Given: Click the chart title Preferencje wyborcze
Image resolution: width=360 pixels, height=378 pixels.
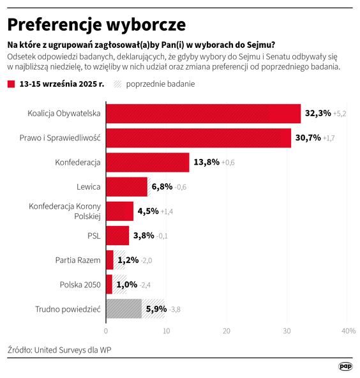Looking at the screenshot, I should tap(96, 24).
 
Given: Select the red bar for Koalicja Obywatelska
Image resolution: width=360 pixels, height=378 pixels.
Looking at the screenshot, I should tap(202, 113).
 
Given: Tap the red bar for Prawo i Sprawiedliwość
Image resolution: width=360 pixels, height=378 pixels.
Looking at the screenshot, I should tap(198, 138).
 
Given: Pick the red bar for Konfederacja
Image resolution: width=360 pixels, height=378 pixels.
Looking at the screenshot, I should tap(147, 162).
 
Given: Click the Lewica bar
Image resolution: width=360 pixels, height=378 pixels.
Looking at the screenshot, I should tap(126, 186).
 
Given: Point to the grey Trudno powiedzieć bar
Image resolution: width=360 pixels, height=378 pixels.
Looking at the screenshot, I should tap(123, 309).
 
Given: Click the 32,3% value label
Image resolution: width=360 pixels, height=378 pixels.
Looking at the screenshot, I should tap(317, 113).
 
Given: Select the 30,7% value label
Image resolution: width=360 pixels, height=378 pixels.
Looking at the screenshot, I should tap(308, 138).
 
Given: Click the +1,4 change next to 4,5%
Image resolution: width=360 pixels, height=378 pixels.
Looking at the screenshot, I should tap(167, 211).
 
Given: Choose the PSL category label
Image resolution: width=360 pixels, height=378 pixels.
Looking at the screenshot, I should tap(94, 236).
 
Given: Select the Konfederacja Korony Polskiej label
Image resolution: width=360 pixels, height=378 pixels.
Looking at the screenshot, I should tap(65, 211).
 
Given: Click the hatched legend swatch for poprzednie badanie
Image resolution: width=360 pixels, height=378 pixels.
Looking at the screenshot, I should tap(117, 84).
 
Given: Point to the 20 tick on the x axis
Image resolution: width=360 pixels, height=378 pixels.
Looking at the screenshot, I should tap(227, 331).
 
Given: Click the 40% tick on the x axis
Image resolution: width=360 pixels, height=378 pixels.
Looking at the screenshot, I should tap(348, 331).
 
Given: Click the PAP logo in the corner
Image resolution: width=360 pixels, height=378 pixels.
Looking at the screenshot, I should tap(345, 367).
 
